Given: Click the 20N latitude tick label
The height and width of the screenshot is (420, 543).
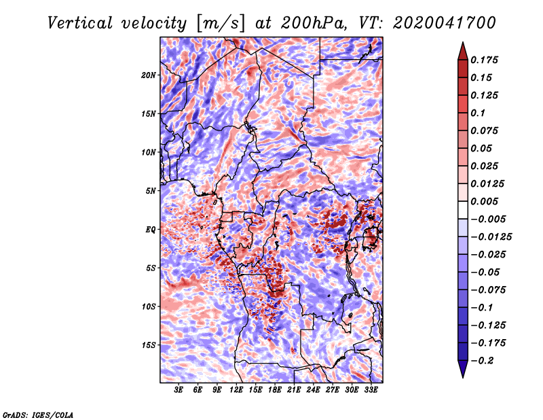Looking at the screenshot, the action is (149, 75).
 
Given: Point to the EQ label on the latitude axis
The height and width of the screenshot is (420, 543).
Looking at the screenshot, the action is (151, 230).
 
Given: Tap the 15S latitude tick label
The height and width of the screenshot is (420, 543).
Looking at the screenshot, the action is (149, 345).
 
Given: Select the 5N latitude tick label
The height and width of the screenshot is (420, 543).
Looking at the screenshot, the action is (151, 191).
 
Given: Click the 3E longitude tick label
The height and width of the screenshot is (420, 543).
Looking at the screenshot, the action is (179, 390).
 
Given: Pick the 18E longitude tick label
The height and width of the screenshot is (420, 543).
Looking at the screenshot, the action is (275, 390).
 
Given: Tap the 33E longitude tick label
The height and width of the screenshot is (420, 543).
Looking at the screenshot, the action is (371, 390).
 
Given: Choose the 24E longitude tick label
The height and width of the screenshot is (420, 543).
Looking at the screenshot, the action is (313, 390).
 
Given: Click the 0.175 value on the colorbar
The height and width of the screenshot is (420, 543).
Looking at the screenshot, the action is (484, 60).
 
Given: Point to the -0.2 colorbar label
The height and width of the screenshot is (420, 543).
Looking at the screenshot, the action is (482, 361).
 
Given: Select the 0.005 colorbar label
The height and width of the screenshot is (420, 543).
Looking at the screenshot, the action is (484, 201).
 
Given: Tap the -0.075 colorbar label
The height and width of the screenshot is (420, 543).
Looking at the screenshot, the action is (488, 290).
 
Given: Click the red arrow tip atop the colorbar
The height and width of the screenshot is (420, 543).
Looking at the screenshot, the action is (463, 43).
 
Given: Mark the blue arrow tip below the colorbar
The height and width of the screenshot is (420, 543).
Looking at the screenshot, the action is (463, 377).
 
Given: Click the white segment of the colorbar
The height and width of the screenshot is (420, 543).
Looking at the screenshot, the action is (463, 210).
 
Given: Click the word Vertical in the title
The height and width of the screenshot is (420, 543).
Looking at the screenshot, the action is (80, 23).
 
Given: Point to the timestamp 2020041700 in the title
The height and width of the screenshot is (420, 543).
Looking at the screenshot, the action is (445, 23).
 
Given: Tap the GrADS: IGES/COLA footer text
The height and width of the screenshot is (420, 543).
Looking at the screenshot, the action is (38, 415).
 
